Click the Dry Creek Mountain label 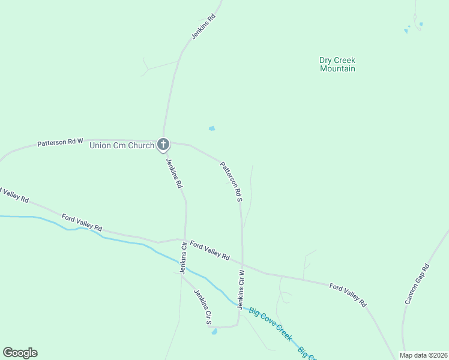tap(337, 64)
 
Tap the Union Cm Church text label tap(121, 145)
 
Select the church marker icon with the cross tap(163, 144)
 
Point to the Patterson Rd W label tap(60, 142)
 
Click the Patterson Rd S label tap(231, 181)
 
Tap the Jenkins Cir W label tap(241, 289)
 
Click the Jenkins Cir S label tap(202, 307)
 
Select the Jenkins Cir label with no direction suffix tap(184, 254)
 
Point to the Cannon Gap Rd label tap(417, 283)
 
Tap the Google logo tap(20, 353)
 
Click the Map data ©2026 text tap(423, 355)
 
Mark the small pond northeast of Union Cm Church tap(211, 128)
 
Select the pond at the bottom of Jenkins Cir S tap(214, 332)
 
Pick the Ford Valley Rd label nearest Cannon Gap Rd tap(348, 296)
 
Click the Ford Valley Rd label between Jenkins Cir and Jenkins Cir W tap(209, 250)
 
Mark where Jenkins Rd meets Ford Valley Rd tap(185, 238)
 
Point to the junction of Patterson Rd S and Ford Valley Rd tap(243, 263)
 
